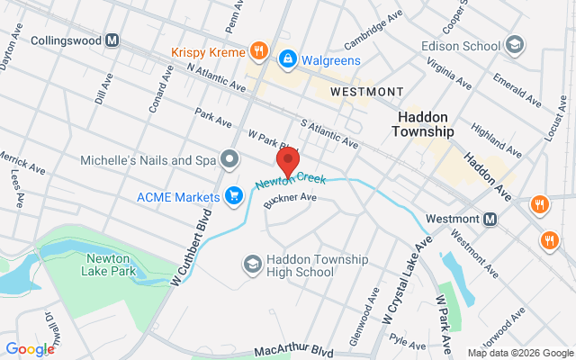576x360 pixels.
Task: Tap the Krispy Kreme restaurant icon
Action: tap(258, 50)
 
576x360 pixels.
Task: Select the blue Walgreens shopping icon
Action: tap(287, 59)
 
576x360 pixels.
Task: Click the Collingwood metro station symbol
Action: tap(112, 40)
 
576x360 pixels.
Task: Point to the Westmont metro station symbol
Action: tap(490, 219)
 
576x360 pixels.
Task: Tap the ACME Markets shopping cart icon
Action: tap(234, 195)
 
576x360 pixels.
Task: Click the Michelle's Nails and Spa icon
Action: tap(229, 160)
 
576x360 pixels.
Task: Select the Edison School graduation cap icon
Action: tap(515, 43)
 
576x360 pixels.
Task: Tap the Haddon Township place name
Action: tap(423, 124)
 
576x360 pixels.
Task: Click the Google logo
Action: tap(30, 349)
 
